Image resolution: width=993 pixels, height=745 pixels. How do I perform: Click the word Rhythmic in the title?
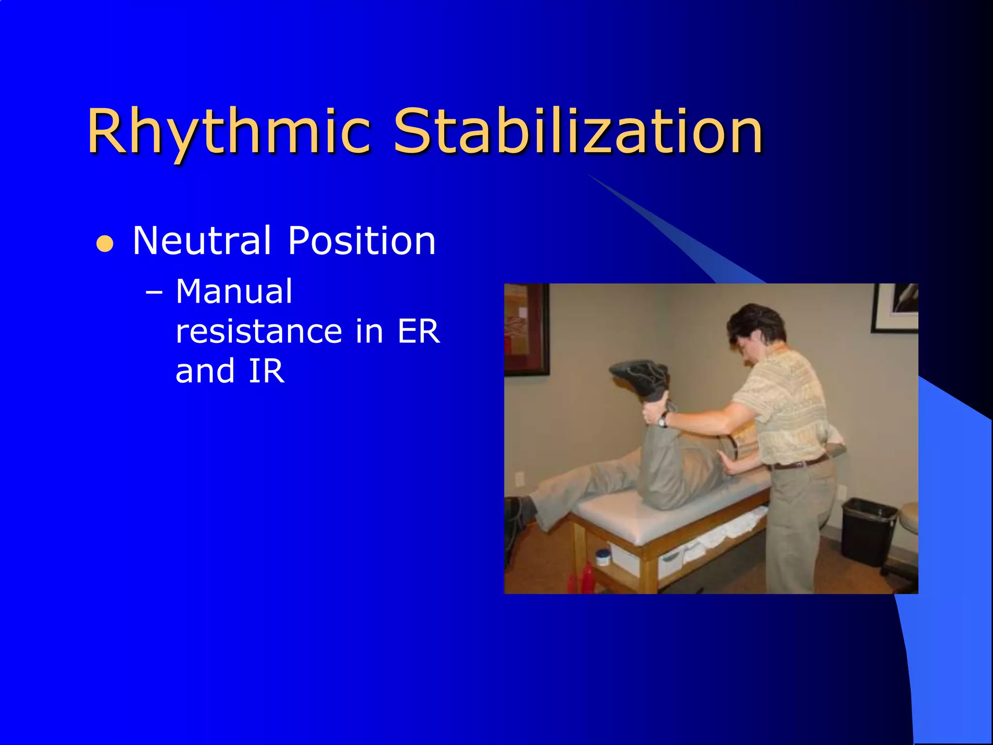click(228, 132)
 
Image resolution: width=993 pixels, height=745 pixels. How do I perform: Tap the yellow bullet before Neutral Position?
click(105, 244)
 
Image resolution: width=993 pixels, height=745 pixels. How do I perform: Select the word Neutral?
click(201, 241)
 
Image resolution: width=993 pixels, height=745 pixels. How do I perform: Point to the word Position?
click(362, 241)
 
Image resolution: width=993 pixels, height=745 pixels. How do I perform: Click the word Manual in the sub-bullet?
click(234, 292)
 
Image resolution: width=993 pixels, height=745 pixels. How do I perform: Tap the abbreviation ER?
click(418, 332)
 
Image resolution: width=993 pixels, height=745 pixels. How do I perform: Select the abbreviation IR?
click(266, 372)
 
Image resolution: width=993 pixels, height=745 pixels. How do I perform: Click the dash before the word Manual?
click(154, 293)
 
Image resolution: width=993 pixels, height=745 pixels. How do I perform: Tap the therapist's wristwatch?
click(663, 418)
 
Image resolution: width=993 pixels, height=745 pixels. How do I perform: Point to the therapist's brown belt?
click(800, 462)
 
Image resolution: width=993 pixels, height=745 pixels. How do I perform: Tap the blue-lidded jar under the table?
click(603, 556)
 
